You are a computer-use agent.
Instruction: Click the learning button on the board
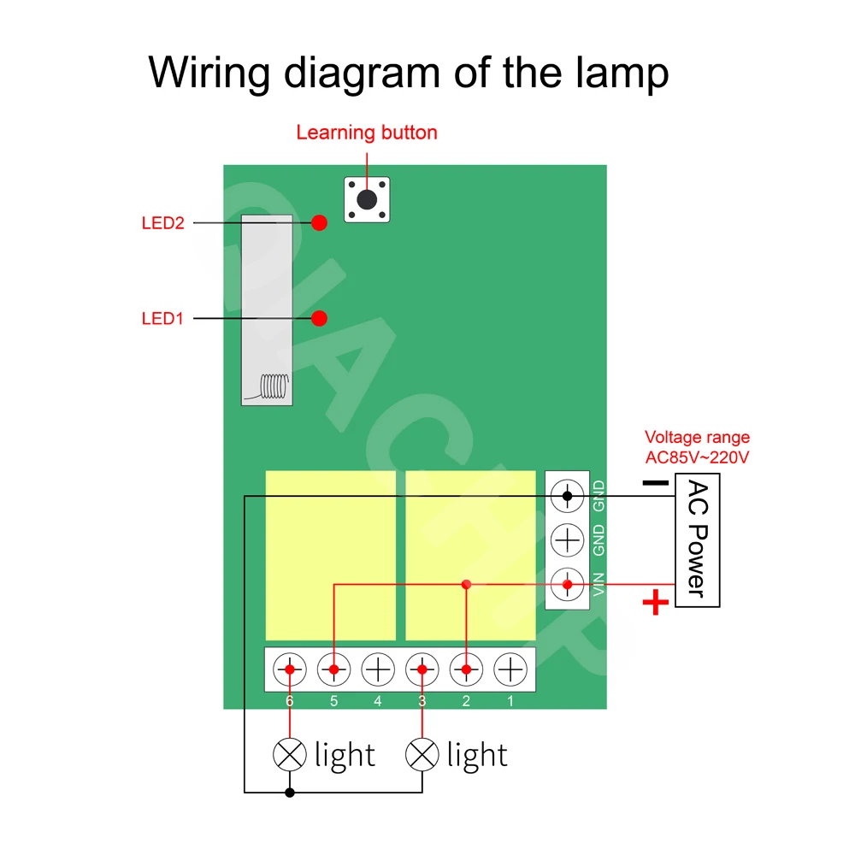367,200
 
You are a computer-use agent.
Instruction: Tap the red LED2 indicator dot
319,222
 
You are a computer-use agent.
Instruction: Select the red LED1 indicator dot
319,318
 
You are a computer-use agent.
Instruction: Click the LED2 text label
162,223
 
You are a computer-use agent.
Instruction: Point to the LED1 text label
162,319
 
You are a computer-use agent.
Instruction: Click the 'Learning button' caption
367,133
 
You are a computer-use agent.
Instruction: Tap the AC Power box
697,541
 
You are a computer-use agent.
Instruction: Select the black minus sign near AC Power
656,483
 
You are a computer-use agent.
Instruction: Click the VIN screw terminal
567,586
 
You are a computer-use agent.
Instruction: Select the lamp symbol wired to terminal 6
290,754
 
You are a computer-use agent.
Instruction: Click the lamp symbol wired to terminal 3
422,754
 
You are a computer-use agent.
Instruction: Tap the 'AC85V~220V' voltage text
697,457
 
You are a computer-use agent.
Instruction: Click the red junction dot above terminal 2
466,585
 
